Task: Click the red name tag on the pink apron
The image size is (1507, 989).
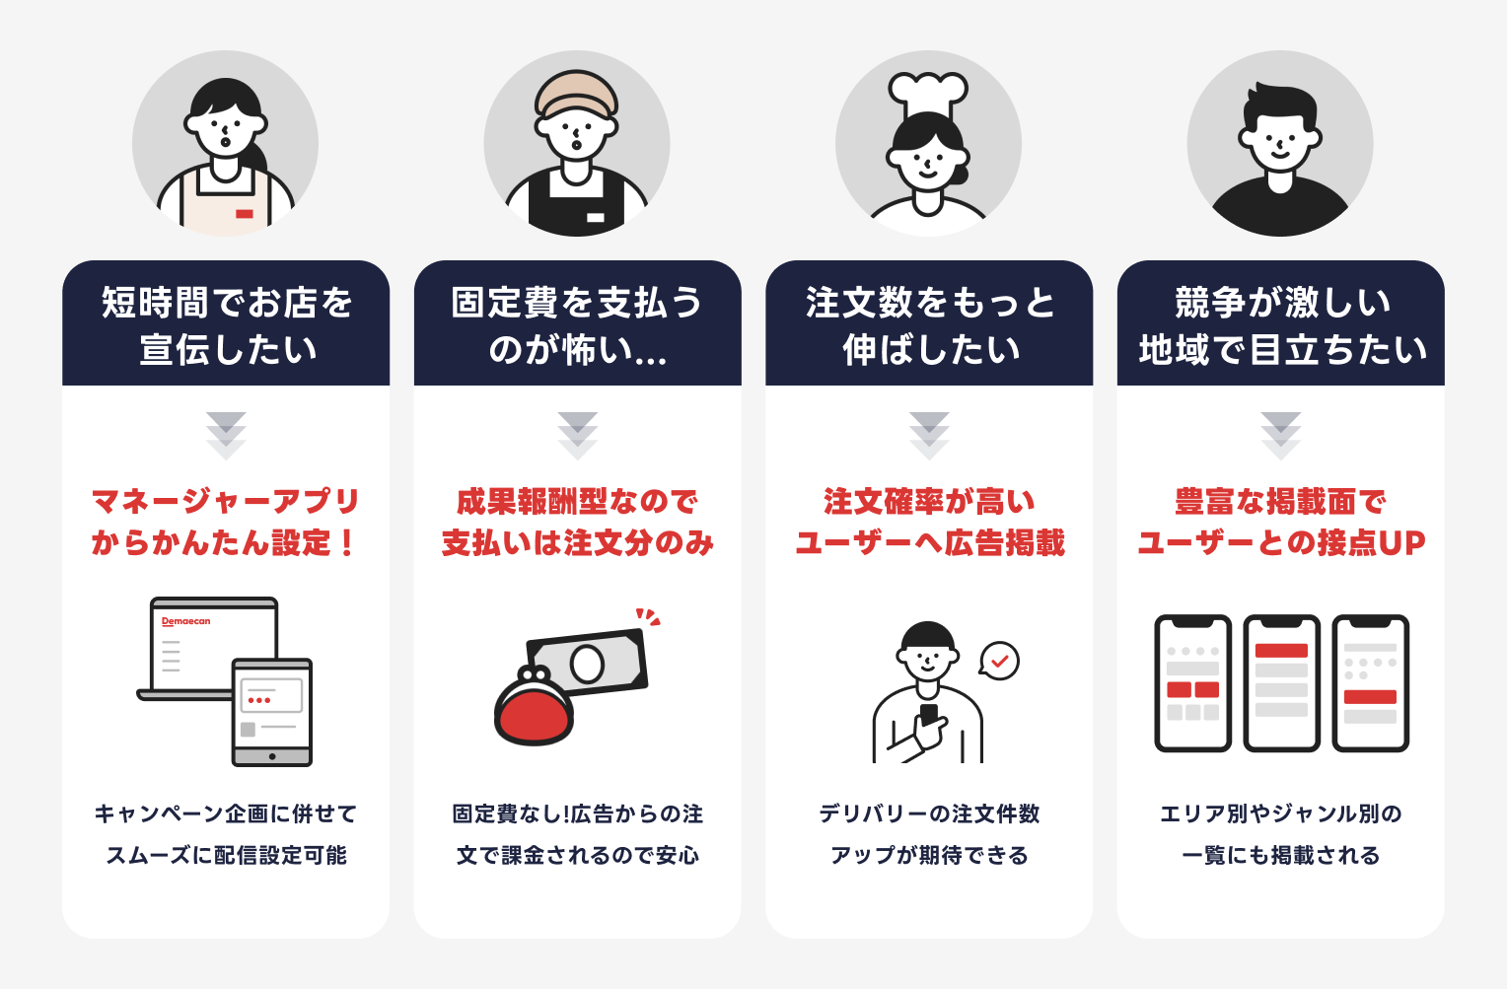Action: (x=245, y=213)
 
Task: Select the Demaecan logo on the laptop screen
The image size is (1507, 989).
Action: (x=186, y=621)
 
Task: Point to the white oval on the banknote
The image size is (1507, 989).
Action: (x=587, y=664)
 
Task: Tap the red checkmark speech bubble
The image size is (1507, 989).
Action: (x=999, y=661)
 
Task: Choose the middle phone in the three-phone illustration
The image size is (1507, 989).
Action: (x=1281, y=682)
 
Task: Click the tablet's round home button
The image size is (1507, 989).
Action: (x=272, y=756)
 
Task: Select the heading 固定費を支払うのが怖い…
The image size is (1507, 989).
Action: (x=577, y=325)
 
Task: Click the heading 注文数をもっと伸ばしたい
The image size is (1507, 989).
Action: (x=929, y=325)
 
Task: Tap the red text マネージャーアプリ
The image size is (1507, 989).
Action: (x=226, y=501)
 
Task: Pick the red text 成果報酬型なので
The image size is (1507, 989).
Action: (x=577, y=501)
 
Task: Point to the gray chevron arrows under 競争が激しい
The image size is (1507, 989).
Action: (x=1280, y=435)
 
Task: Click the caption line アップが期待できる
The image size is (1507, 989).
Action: (x=929, y=855)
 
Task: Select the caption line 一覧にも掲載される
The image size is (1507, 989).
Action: (x=1280, y=855)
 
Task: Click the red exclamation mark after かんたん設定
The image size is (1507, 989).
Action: (x=346, y=542)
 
